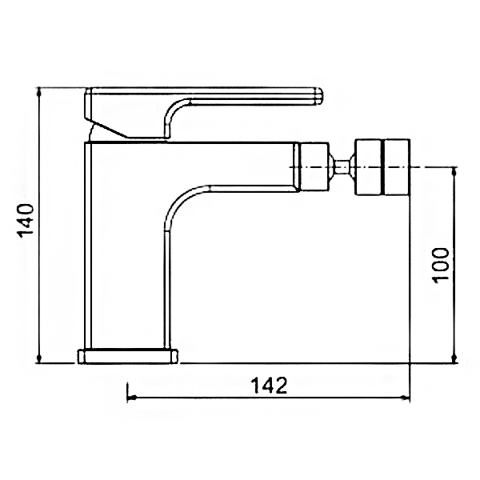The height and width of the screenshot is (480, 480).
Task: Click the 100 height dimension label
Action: tap(440, 264)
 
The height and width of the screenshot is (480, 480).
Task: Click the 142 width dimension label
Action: tap(270, 386)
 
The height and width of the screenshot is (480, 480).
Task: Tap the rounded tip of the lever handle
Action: tap(319, 96)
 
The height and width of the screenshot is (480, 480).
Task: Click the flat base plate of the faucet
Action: tap(128, 356)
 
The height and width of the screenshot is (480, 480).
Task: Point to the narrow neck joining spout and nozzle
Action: tap(342, 167)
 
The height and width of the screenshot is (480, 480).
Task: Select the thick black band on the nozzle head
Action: tap(382, 167)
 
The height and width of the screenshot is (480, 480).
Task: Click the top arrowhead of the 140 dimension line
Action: tap(39, 91)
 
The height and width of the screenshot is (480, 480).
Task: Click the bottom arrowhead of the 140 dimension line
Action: tap(39, 358)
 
